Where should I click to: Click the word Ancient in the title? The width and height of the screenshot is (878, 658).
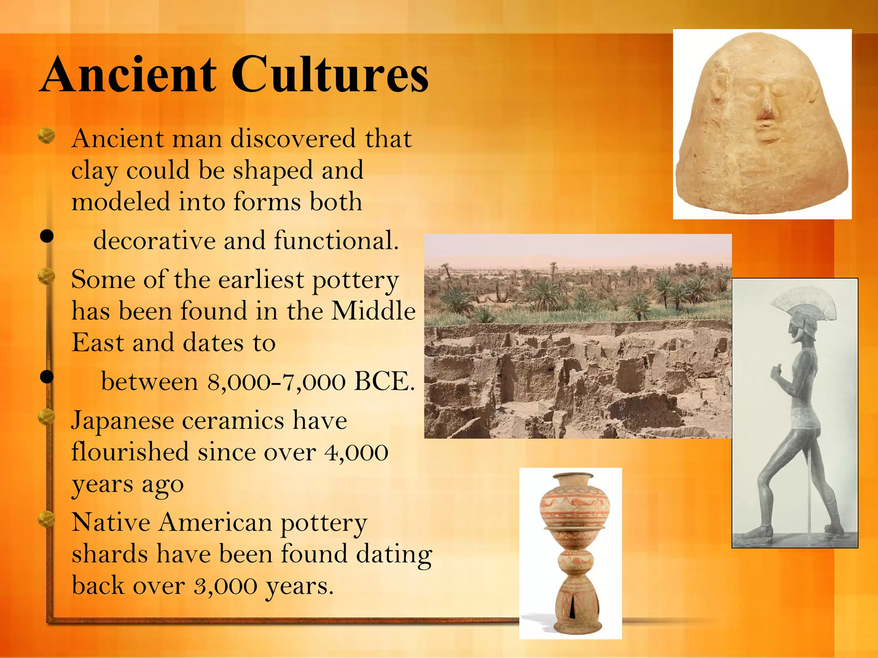click(129, 75)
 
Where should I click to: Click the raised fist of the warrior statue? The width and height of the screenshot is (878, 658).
click(777, 372)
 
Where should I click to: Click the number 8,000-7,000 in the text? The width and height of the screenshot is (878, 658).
click(277, 381)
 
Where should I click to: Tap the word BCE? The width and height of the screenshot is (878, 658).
click(384, 381)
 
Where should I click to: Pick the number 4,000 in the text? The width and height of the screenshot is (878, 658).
click(357, 452)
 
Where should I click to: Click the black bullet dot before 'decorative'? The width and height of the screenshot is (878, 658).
click(47, 236)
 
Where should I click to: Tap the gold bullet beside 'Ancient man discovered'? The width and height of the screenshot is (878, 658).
click(47, 136)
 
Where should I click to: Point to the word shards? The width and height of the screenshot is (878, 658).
click(109, 554)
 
